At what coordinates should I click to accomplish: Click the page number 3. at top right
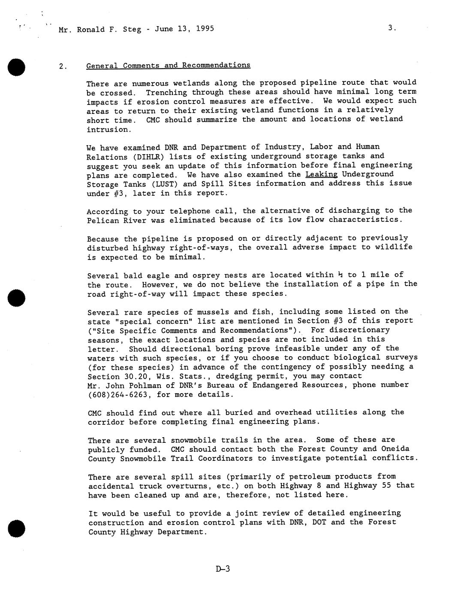pyautogui.click(x=392, y=28)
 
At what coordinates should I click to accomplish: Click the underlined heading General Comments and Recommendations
pyautogui.click(x=168, y=65)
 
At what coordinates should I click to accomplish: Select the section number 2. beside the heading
pyautogui.click(x=63, y=66)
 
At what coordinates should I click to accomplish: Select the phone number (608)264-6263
pyautogui.click(x=120, y=395)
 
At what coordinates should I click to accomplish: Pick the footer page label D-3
pyautogui.click(x=223, y=569)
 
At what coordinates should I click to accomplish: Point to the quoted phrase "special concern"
pyautogui.click(x=145, y=321)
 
